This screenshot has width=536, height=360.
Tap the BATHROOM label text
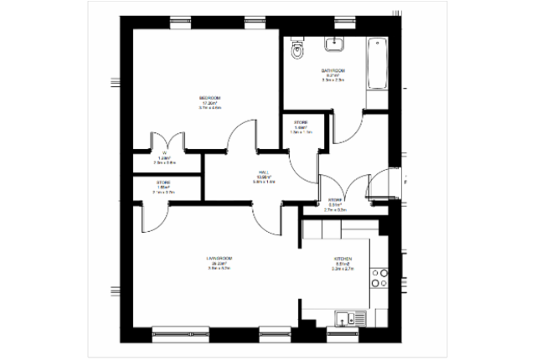pos(332,71)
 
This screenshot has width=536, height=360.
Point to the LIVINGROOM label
pos(219,259)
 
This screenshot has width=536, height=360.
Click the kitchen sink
pos(346,317)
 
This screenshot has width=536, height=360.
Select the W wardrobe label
pos(165,153)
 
